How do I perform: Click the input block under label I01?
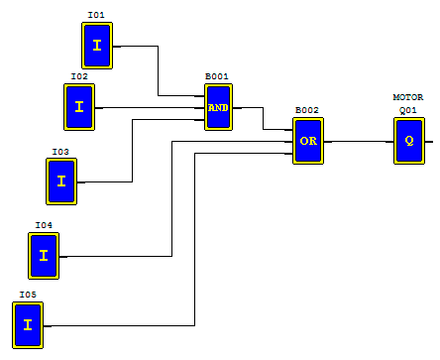click(97, 46)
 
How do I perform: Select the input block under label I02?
click(79, 107)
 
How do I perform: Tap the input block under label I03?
click(61, 180)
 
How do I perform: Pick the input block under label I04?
click(44, 256)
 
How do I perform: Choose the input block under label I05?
click(28, 325)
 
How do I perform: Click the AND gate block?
click(218, 107)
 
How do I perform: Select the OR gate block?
click(308, 141)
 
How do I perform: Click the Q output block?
click(408, 141)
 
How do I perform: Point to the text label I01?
click(96, 16)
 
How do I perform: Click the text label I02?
click(79, 76)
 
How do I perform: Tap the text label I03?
click(61, 152)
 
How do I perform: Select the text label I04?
click(44, 225)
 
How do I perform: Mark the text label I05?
click(27, 295)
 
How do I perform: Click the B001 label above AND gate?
click(217, 76)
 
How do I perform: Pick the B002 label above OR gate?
click(307, 110)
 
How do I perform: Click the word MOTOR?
click(408, 97)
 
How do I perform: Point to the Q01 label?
click(408, 110)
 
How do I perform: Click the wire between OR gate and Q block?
click(358, 141)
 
